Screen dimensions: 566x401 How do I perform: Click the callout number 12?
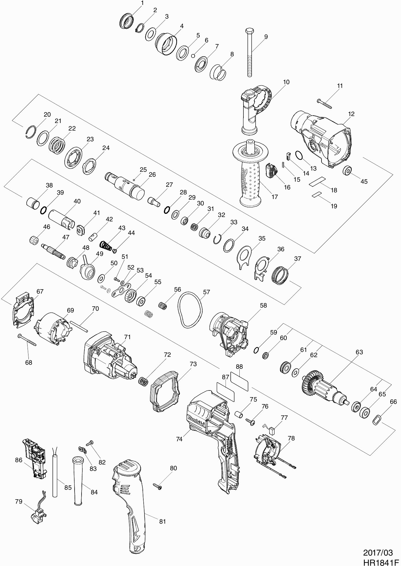pyautogui.click(x=351, y=114)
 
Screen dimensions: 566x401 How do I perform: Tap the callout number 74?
pyautogui.click(x=179, y=439)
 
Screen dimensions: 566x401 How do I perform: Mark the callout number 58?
pyautogui.click(x=263, y=305)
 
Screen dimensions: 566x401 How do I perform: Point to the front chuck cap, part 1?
pyautogui.click(x=127, y=21)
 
